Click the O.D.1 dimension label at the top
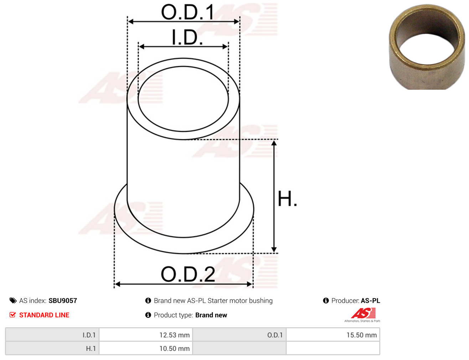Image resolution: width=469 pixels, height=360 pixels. click(187, 12)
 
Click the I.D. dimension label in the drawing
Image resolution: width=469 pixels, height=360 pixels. click(187, 37)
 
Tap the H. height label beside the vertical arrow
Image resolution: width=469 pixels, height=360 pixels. click(287, 198)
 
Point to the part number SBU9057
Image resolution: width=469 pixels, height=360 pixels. click(63, 301)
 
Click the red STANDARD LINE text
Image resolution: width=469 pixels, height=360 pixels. click(44, 315)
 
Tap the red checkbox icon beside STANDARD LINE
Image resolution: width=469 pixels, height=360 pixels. click(12, 315)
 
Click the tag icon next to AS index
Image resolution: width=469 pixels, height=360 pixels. click(13, 301)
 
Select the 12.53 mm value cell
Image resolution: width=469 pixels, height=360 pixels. click(146, 335)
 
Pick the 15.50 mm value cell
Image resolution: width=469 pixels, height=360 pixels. click(333, 335)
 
